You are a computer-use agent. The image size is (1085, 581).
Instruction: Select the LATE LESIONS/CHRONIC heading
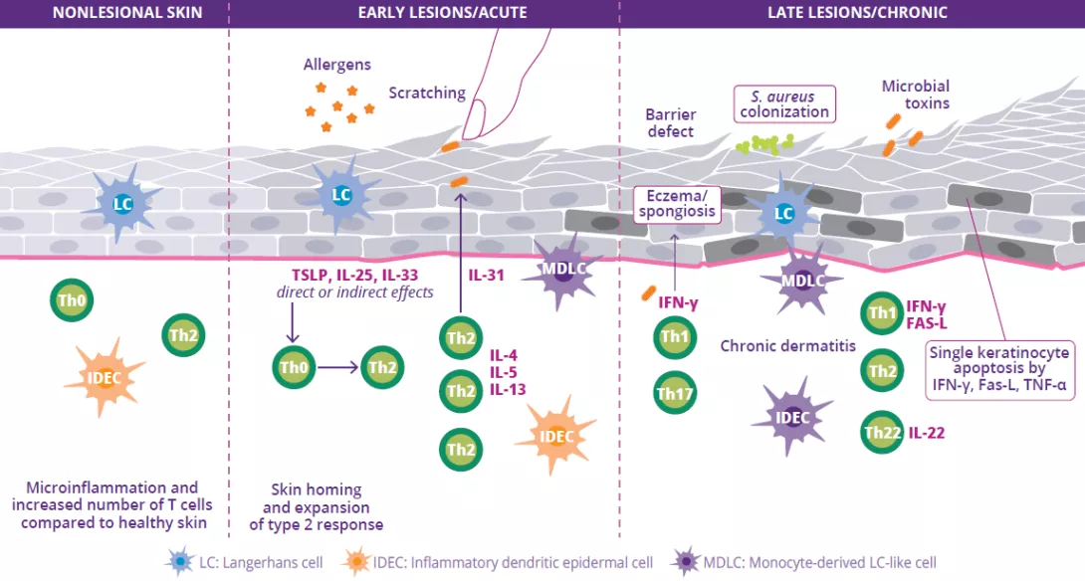coord(856,13)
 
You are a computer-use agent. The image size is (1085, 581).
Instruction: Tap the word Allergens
coord(337,65)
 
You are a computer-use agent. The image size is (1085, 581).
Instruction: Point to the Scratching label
coord(427,93)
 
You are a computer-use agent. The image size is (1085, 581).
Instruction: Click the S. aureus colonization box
coord(784,103)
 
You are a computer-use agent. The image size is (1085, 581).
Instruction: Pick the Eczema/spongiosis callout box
coord(677,203)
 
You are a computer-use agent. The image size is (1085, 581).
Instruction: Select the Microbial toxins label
coord(915,95)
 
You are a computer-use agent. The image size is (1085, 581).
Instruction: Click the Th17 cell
coord(675,392)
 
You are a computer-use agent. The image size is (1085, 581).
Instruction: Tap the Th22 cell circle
coord(882,432)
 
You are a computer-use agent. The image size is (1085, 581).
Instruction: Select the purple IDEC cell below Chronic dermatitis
coord(792,417)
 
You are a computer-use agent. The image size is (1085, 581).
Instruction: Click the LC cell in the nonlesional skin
coord(122,204)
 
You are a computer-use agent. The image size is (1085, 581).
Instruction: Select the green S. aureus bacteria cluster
coord(761,143)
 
